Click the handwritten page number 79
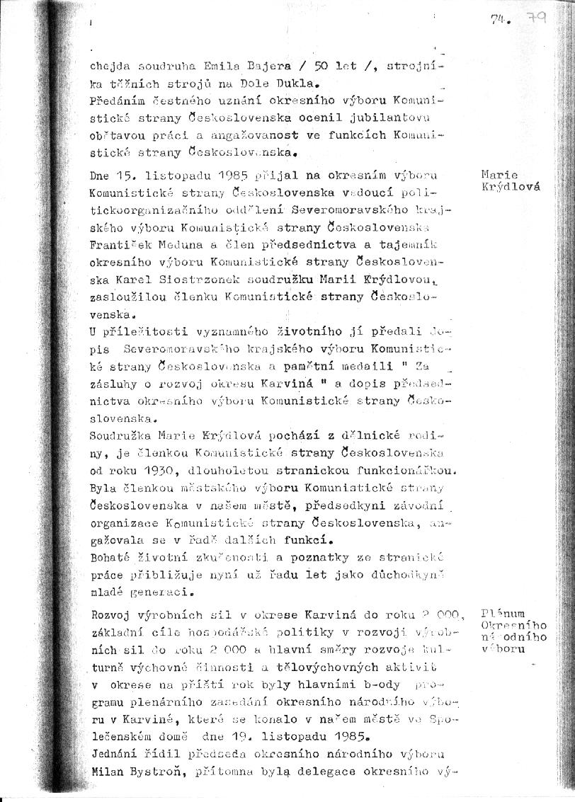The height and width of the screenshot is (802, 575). point(536,21)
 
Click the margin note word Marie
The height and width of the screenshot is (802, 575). point(499,175)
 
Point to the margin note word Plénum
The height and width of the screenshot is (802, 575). point(502,613)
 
